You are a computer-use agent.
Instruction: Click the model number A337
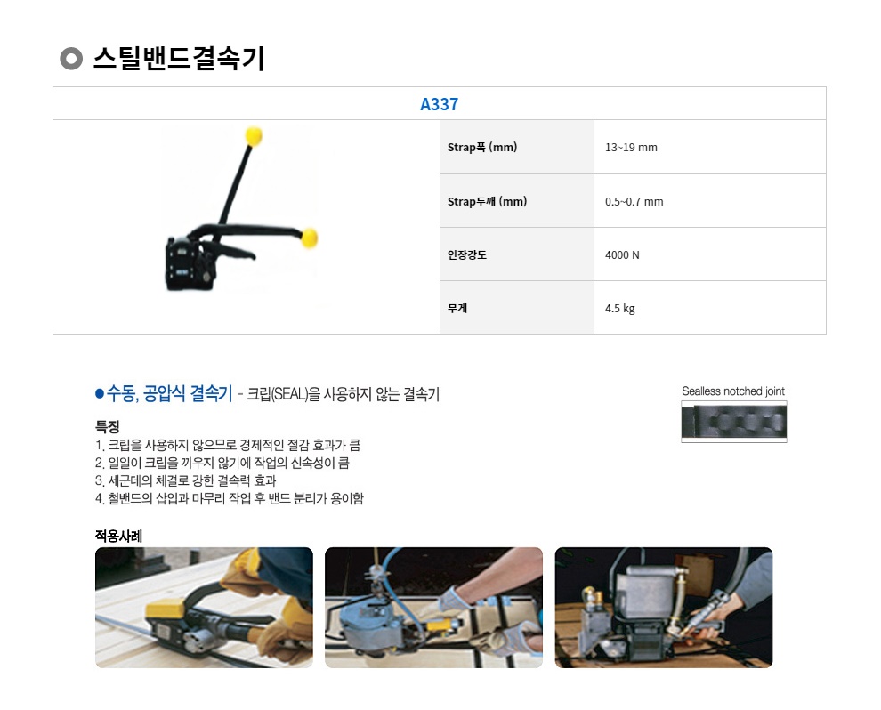point(439,104)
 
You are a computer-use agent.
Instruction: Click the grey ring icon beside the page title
point(71,59)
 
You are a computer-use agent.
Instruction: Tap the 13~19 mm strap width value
point(631,147)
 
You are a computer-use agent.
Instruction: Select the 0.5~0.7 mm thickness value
point(634,201)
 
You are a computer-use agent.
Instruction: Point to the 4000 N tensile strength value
point(622,255)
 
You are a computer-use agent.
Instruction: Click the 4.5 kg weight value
point(619,309)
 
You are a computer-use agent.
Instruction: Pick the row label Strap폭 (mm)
point(482,147)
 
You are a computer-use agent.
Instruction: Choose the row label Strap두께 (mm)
point(487,201)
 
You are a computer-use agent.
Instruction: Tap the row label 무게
point(457,309)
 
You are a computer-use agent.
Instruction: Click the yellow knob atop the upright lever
point(254,136)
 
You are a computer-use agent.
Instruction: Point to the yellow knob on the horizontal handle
point(309,238)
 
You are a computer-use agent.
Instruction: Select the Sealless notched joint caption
point(733,391)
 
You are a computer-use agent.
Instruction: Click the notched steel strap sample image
point(734,421)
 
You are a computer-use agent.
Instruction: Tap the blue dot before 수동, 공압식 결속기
point(100,394)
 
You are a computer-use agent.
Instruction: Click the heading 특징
point(107,426)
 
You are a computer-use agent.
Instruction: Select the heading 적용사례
point(118,536)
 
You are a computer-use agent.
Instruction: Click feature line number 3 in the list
point(185,480)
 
